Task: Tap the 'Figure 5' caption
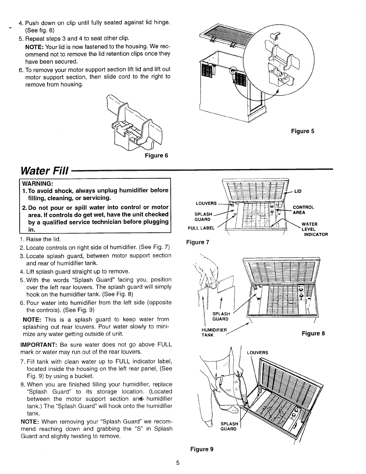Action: pyautogui.click(x=303, y=131)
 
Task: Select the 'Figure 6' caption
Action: pyautogui.click(x=156, y=156)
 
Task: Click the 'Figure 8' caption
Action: pyautogui.click(x=313, y=333)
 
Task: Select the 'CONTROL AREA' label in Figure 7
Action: pyautogui.click(x=303, y=210)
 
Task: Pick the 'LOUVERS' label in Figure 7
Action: pyautogui.click(x=206, y=203)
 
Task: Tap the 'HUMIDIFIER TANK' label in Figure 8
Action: pyautogui.click(x=214, y=332)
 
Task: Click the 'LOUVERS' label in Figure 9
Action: pyautogui.click(x=257, y=353)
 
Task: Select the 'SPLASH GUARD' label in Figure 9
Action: pyautogui.click(x=229, y=426)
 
